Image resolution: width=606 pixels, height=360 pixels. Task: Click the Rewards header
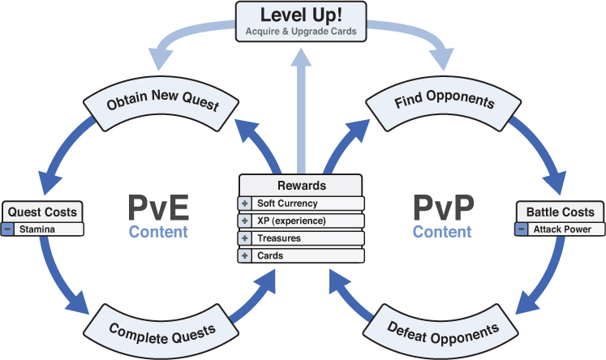[x=302, y=186]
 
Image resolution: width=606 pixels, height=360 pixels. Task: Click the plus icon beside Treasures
[x=245, y=238]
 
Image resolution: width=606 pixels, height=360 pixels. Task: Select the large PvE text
[x=158, y=207]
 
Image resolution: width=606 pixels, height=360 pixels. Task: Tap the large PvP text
[x=442, y=207]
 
